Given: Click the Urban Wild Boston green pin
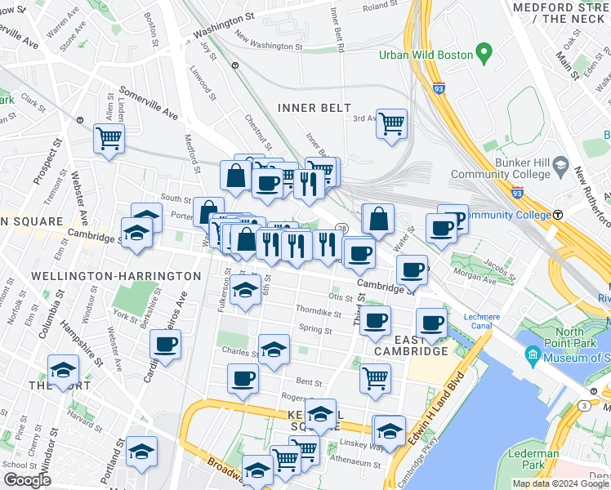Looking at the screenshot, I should pos(484,55).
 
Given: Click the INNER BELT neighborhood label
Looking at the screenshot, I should pos(314,108).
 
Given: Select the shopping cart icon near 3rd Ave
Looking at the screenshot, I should pos(392,123).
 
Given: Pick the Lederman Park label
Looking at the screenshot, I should pos(540,459).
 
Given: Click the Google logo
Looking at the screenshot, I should pos(27,480).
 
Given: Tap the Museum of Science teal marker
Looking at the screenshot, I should pos(533,354).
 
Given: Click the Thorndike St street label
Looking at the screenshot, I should pos(318,312).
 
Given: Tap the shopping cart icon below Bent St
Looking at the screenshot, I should pos(375,377).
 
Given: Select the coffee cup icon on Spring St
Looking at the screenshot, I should pos(375,321).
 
